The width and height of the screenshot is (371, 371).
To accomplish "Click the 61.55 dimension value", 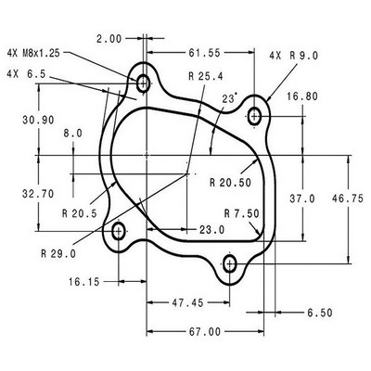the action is tap(205, 53).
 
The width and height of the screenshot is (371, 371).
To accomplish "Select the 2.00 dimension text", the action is tap(109, 39).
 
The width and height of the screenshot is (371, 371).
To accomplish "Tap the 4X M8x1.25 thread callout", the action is tap(33, 53).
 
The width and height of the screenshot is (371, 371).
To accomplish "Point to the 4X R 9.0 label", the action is tap(294, 56).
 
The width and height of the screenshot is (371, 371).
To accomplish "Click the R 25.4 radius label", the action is tap(206, 76).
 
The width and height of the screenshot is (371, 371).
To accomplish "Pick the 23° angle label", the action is tap(230, 98).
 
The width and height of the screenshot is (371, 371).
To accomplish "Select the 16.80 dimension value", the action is tap(302, 96).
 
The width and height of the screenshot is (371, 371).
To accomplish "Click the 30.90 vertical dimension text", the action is tap(38, 120).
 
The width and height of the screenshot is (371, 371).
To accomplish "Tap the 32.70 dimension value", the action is tap(38, 194).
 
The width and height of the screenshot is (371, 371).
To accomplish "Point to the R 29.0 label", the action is tap(58, 254).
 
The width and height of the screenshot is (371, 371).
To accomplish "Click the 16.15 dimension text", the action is tap(84, 282).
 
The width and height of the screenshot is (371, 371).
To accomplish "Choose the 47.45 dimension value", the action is tap(187, 303).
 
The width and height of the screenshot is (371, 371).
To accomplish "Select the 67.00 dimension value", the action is tap(205, 332).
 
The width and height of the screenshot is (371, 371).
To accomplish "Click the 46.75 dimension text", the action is tap(348, 198).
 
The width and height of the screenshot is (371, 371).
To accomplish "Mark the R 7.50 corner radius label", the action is tap(242, 213).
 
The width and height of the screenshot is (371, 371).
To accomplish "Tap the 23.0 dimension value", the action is tap(211, 230).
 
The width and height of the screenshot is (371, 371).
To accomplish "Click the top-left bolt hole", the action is tap(143, 83).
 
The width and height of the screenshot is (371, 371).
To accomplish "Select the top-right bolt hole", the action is tap(254, 117).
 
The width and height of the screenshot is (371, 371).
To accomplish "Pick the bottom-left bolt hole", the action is tap(119, 231).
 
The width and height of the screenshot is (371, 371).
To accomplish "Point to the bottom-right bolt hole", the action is tap(230, 264).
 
